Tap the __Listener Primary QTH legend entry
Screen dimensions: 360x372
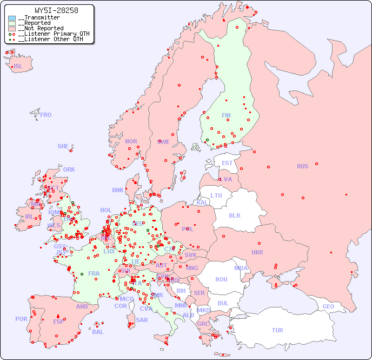[x=51, y=34]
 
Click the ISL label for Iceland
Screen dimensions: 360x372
[x=18, y=67]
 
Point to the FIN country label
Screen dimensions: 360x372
[x=226, y=115]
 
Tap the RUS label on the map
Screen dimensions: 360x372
[x=302, y=166]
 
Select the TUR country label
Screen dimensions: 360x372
[x=277, y=330]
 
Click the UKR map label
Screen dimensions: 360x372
[x=257, y=252]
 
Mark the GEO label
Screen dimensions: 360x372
[x=328, y=306]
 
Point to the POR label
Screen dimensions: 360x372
[x=21, y=319]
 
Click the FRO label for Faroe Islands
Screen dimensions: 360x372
[x=46, y=115]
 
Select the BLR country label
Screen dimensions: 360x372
[x=234, y=215]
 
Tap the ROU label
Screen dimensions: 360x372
[x=221, y=279]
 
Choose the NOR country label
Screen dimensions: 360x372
[x=131, y=141]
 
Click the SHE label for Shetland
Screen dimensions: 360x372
[x=63, y=146]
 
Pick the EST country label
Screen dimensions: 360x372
[x=227, y=163]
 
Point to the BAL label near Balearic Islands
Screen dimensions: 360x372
[x=98, y=332]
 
